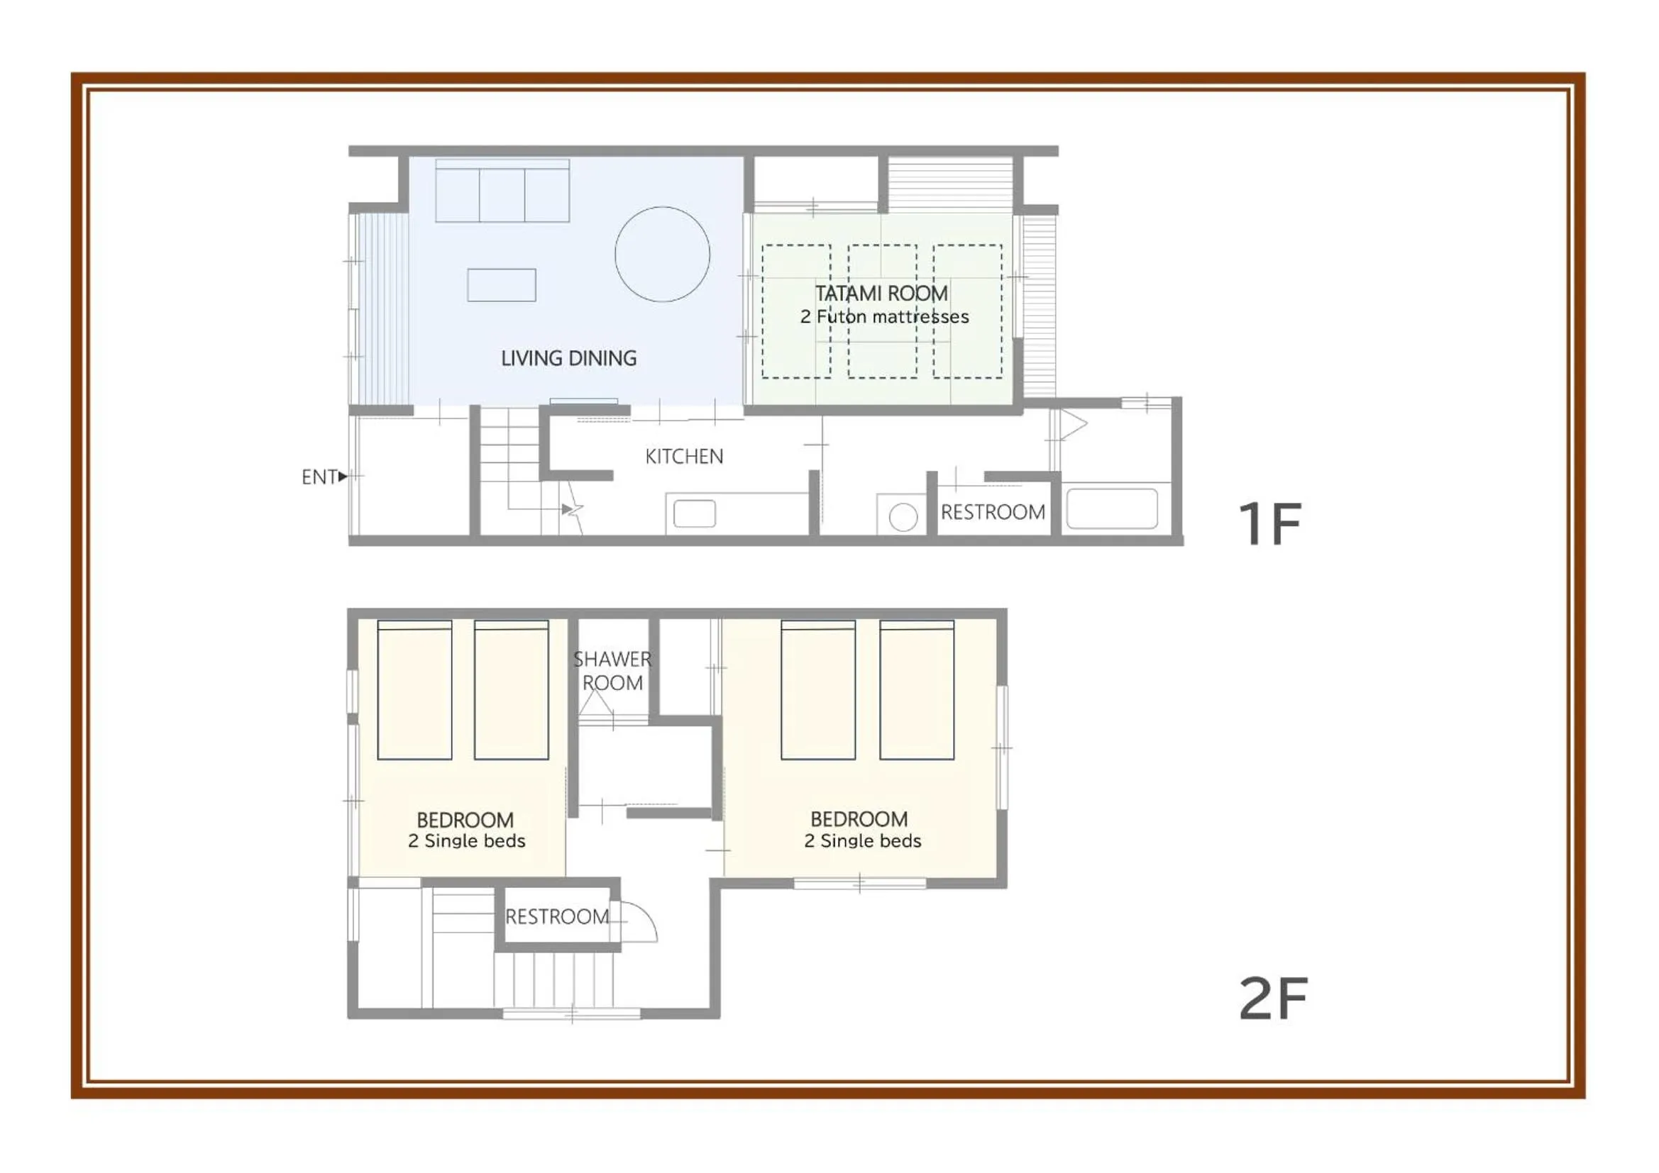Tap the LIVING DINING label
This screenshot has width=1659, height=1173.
pyautogui.click(x=568, y=358)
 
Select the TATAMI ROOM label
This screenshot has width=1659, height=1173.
pyautogui.click(x=881, y=294)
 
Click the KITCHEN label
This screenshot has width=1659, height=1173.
pyautogui.click(x=683, y=457)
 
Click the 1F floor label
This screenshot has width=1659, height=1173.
pyautogui.click(x=1269, y=523)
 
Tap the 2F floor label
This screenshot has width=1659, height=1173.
pyautogui.click(x=1273, y=999)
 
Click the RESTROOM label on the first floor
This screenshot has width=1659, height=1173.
pyautogui.click(x=993, y=512)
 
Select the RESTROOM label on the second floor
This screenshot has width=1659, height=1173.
pyautogui.click(x=557, y=916)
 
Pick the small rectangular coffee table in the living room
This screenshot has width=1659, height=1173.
pyautogui.click(x=502, y=284)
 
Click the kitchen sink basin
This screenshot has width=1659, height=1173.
pyautogui.click(x=695, y=514)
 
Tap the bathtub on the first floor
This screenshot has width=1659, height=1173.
pyautogui.click(x=1112, y=508)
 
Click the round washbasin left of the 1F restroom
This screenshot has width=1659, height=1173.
pyautogui.click(x=903, y=517)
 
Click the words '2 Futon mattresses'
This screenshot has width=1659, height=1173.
pyautogui.click(x=884, y=316)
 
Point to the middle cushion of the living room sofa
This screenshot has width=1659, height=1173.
pyautogui.click(x=502, y=195)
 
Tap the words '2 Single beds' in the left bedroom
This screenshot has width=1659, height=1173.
pyautogui.click(x=467, y=841)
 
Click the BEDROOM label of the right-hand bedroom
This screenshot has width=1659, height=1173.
pyautogui.click(x=859, y=819)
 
